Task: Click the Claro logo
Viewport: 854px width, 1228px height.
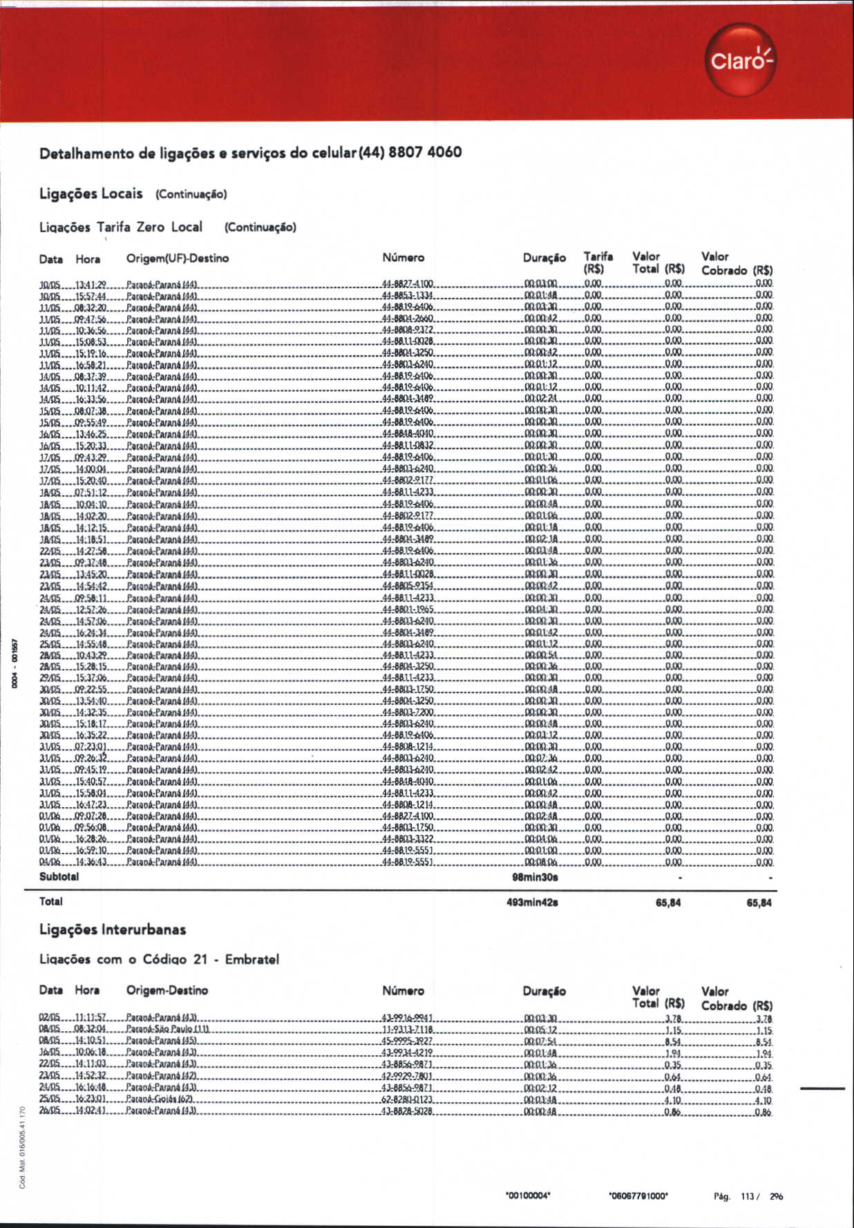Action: pyautogui.click(x=741, y=60)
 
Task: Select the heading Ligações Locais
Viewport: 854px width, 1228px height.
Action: pyautogui.click(x=91, y=193)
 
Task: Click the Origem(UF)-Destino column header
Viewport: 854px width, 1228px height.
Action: pyautogui.click(x=177, y=258)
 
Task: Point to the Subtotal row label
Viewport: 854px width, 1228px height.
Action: pyautogui.click(x=59, y=876)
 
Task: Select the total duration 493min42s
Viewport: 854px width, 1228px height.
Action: pyautogui.click(x=532, y=902)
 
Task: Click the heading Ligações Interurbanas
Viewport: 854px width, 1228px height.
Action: pyautogui.click(x=113, y=929)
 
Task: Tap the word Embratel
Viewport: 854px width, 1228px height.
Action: pyautogui.click(x=252, y=959)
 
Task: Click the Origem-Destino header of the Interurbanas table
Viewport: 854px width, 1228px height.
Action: pyautogui.click(x=167, y=990)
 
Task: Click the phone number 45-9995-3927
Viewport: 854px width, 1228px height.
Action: pyautogui.click(x=407, y=1041)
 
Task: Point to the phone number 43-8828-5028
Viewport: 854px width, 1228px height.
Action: pyautogui.click(x=407, y=1111)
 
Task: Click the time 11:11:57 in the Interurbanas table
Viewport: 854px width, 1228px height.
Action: pyautogui.click(x=90, y=1018)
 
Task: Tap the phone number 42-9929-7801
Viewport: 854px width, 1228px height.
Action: pyautogui.click(x=407, y=1076)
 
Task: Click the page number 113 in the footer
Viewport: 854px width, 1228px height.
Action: pyautogui.click(x=747, y=1197)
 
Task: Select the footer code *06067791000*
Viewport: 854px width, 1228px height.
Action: pyautogui.click(x=638, y=1196)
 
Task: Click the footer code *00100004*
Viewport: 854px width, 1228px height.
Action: pyautogui.click(x=528, y=1196)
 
